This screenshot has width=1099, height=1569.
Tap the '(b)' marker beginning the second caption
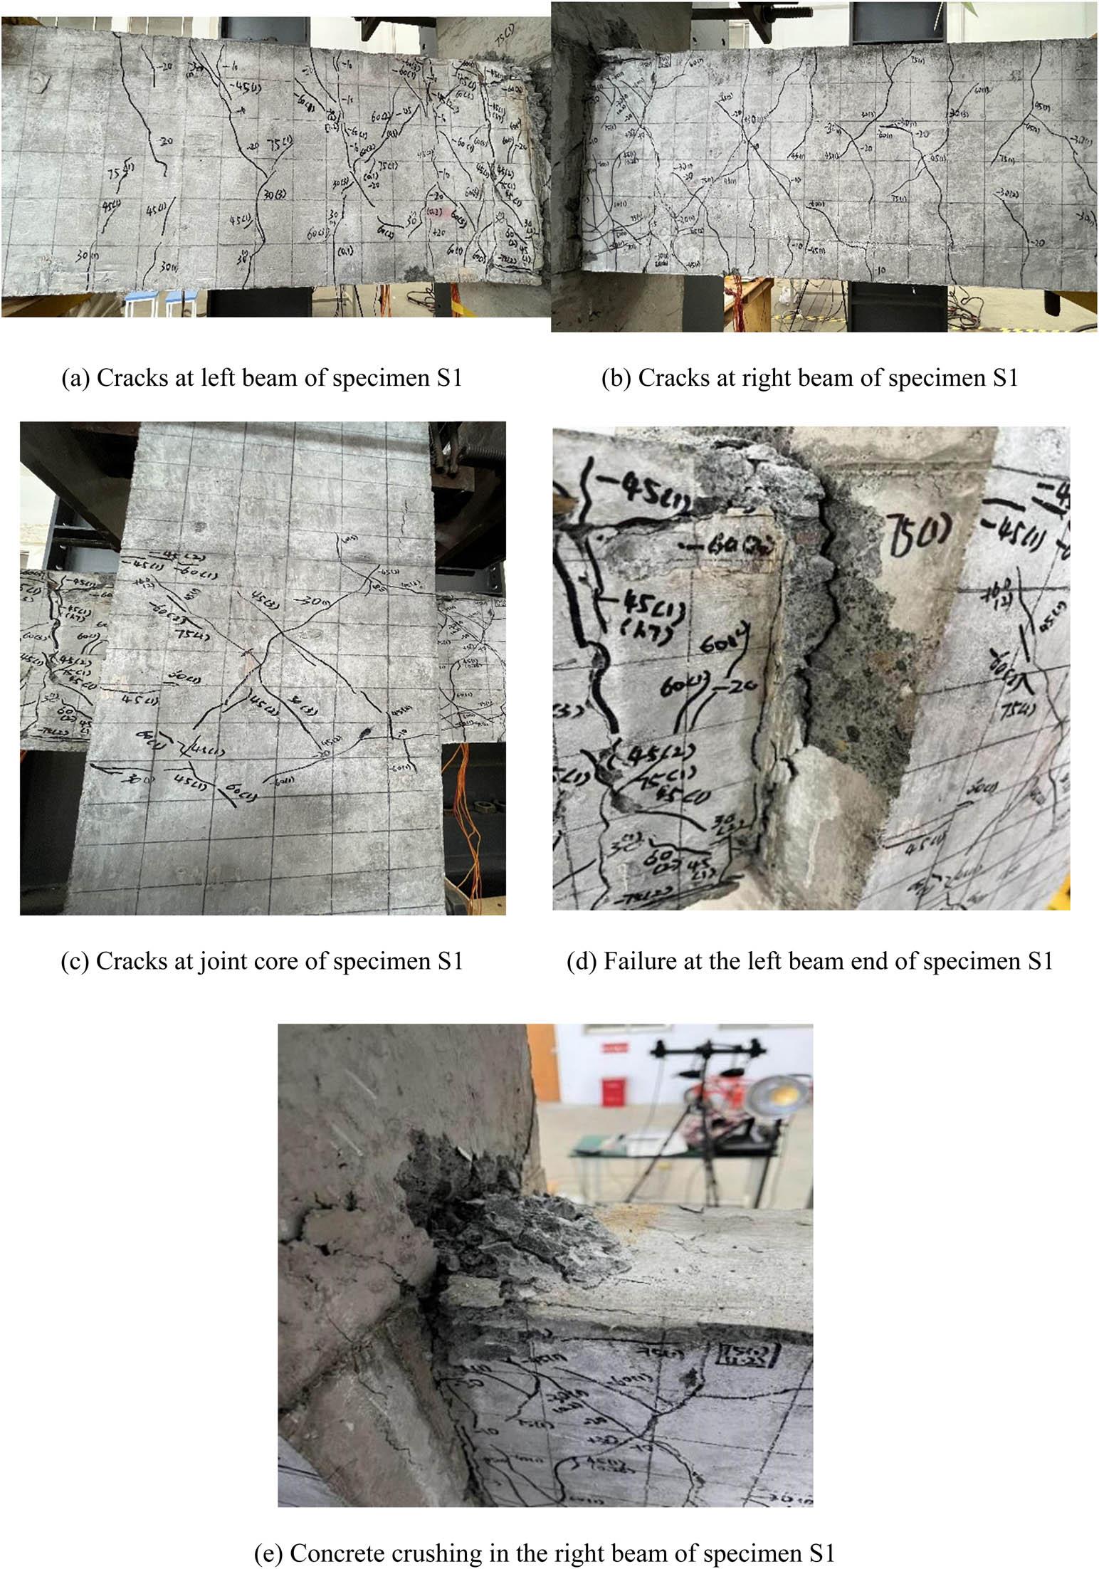tap(616, 377)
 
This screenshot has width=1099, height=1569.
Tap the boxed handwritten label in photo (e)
tap(740, 1355)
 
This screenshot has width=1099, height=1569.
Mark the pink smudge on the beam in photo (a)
tap(433, 211)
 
